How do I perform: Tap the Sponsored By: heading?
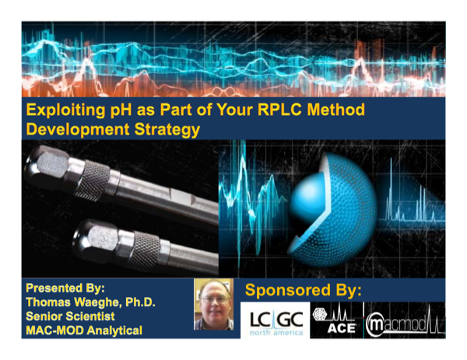tap(304, 290)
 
